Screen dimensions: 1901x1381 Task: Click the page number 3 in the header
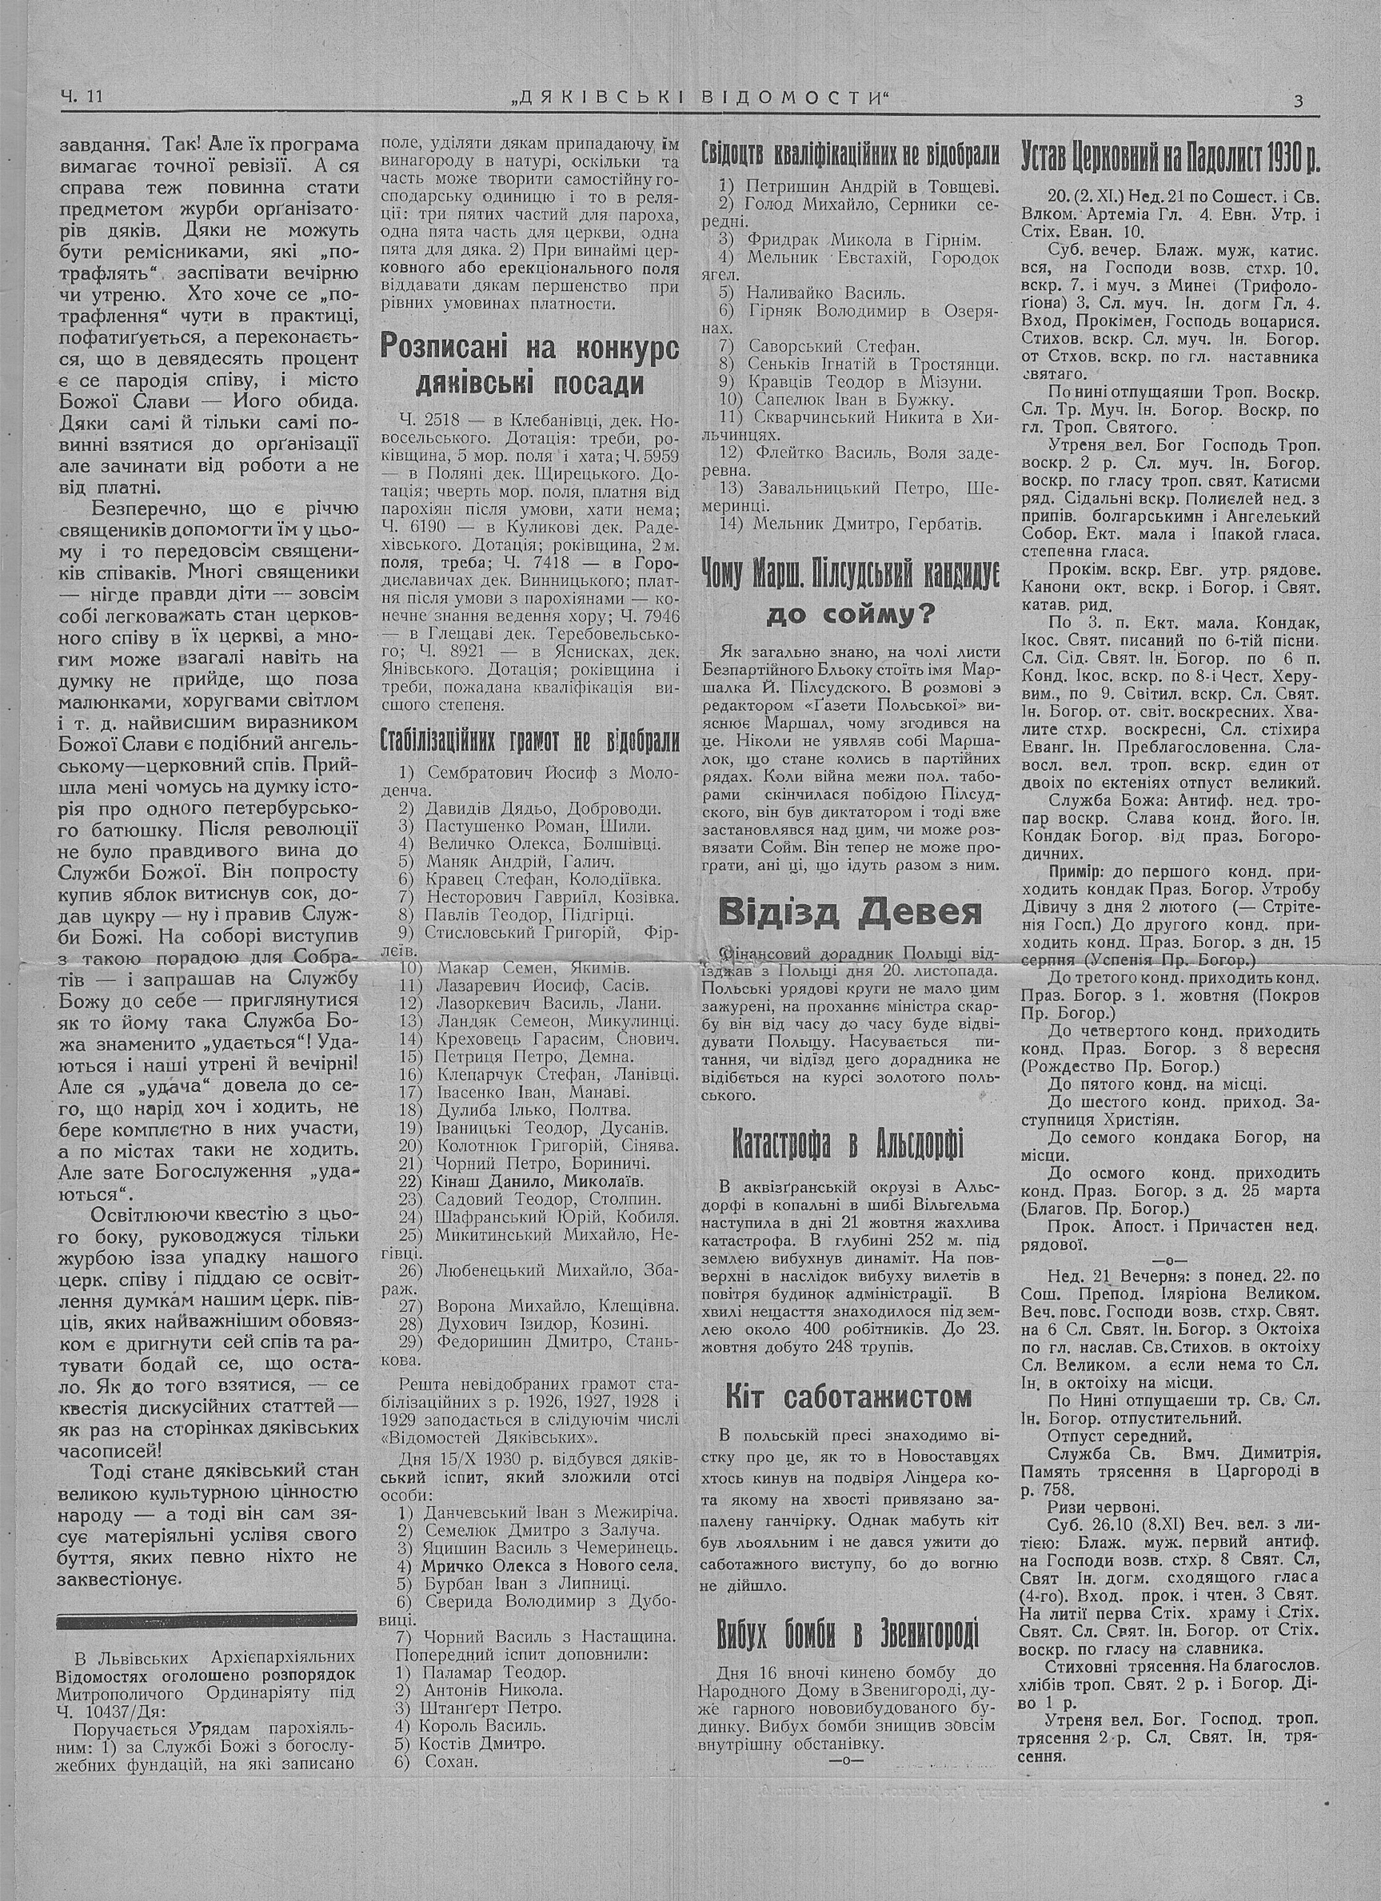pos(1297,101)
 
